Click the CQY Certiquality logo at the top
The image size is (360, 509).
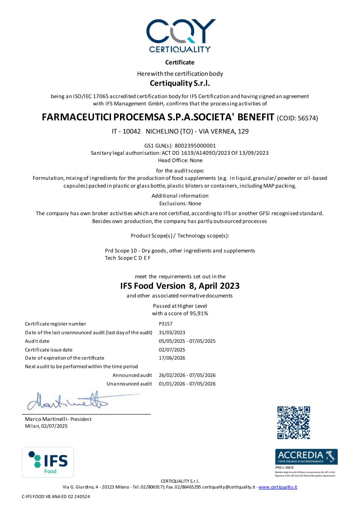tap(180, 36)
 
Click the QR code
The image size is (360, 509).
tap(293, 422)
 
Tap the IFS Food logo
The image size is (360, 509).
tap(48, 462)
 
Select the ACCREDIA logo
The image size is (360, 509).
tap(306, 456)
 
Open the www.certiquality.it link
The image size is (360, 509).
tap(278, 487)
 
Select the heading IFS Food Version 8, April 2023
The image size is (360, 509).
tap(180, 286)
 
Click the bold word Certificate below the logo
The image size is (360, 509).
tap(180, 62)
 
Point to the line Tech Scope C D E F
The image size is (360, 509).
tap(127, 258)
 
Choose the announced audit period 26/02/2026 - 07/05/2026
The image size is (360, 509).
tap(187, 375)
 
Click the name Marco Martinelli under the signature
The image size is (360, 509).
tap(45, 419)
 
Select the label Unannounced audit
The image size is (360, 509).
tap(129, 384)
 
